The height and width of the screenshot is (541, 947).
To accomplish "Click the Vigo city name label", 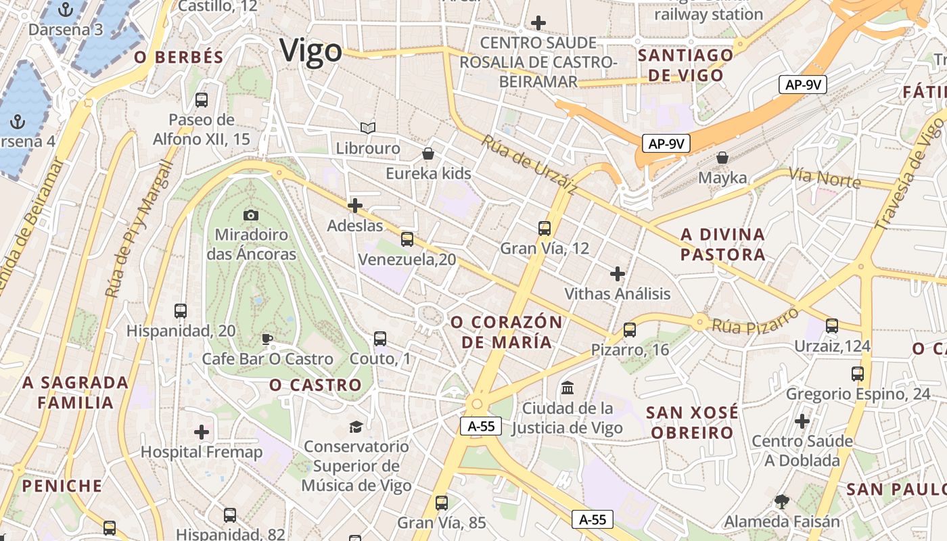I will coord(310,51).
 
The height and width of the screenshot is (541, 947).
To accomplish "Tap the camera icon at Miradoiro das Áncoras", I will coord(251,215).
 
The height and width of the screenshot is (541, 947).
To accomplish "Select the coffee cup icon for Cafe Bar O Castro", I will coord(267,339).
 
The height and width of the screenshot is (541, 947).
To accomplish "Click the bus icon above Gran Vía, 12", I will coord(545,229).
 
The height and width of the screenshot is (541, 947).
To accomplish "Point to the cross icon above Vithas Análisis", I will coord(617,274).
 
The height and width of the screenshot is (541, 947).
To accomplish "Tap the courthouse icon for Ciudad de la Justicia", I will coord(568,389).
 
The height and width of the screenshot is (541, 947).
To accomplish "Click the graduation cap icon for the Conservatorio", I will coord(356,426).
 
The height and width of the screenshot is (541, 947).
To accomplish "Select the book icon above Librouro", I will coord(367,128).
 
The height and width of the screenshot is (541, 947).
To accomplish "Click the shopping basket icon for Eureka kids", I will coord(428,154).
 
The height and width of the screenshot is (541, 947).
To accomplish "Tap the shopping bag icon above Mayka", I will coord(722,158).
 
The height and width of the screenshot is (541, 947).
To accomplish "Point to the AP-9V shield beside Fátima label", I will coord(803,85).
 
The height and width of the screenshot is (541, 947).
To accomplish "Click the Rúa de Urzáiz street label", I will coord(528,165).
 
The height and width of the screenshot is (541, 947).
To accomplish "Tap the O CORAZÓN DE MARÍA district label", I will coord(507,332).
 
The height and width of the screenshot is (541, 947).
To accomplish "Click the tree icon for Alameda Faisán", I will coord(782,502).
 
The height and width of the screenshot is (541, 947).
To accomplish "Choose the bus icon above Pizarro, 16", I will coord(630,330).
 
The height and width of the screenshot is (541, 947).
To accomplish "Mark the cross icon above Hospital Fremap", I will coord(202,431).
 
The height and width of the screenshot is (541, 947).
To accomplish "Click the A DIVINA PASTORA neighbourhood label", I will coord(722,244).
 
